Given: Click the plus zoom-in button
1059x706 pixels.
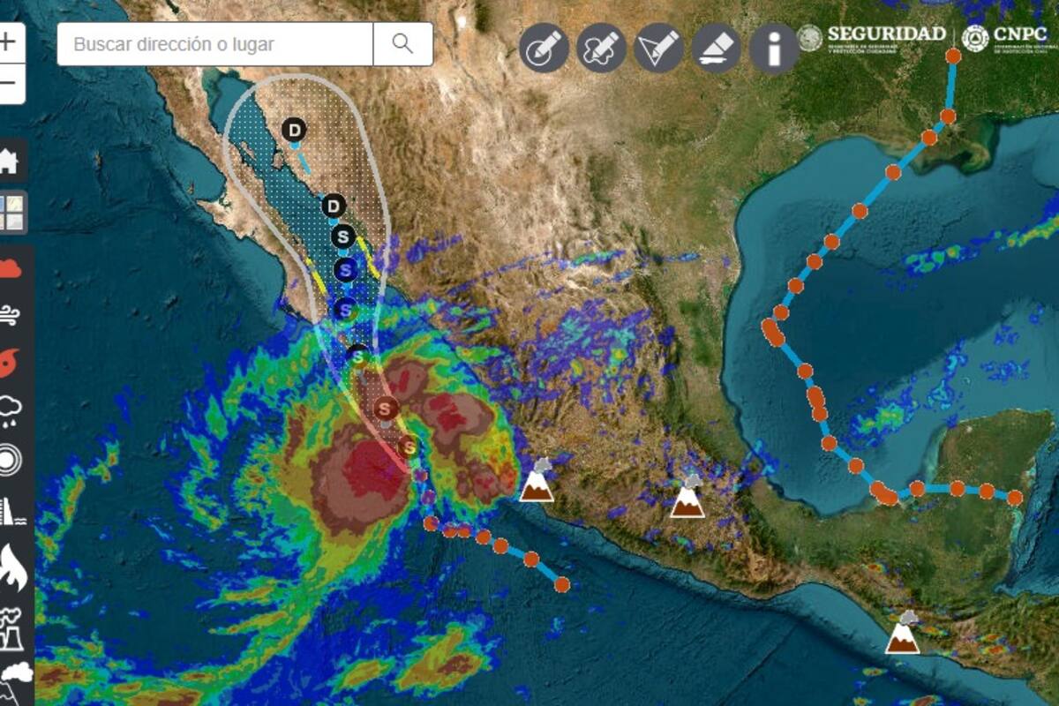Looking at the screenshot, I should click(x=8, y=42).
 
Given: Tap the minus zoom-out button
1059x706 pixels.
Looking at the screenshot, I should click(x=8, y=85).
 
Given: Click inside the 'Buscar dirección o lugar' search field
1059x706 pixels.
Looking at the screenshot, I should click(x=215, y=44).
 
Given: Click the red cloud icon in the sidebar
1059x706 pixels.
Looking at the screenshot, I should click(x=10, y=268).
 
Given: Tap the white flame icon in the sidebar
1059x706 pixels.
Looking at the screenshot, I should click(x=11, y=567).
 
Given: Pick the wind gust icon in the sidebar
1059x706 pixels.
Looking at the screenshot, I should click(x=10, y=313).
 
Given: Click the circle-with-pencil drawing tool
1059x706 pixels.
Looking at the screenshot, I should click(x=544, y=48).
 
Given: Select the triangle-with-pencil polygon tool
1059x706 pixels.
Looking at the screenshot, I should click(x=659, y=48).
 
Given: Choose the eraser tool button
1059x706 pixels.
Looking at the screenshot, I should click(x=717, y=48).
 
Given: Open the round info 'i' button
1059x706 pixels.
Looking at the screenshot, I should click(x=774, y=48).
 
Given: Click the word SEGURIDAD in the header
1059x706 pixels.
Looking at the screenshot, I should click(x=886, y=34).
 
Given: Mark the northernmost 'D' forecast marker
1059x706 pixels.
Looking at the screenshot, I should click(x=295, y=131).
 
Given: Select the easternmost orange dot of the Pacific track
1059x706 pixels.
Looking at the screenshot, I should click(x=562, y=583).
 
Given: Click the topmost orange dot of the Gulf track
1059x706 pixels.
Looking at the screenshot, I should click(x=953, y=56).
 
